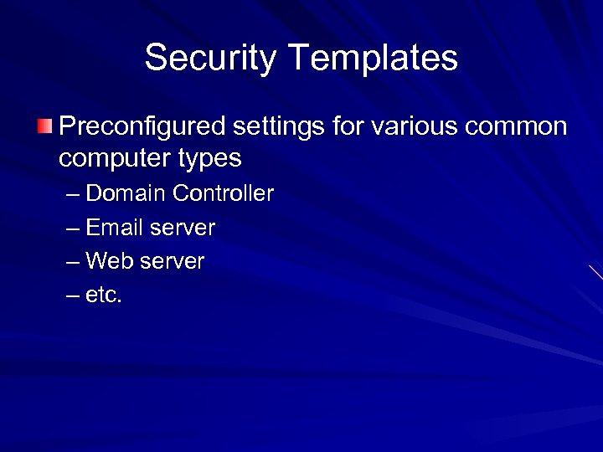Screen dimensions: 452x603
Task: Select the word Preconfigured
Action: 143,127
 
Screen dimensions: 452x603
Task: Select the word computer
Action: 112,158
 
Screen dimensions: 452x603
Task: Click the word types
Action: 207,158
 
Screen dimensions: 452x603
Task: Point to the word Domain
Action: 126,193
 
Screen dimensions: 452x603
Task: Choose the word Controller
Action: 224,193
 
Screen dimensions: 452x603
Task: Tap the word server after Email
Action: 183,228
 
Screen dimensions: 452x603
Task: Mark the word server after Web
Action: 172,261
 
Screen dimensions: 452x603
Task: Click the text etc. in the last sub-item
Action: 104,295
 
